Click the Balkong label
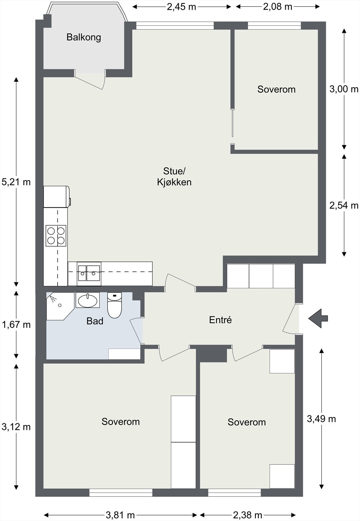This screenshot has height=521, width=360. (x=84, y=37)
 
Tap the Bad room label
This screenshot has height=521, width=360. (x=95, y=321)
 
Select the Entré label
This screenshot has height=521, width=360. (x=220, y=320)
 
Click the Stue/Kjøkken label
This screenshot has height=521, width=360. (x=174, y=176)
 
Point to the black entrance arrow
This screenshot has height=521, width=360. (x=318, y=318)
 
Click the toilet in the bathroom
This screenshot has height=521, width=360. (x=115, y=305)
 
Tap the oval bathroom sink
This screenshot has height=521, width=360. (x=88, y=300)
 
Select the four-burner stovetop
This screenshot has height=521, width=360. (x=56, y=236)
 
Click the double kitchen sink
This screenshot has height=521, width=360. (x=89, y=274)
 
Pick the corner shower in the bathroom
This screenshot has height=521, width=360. (x=60, y=306)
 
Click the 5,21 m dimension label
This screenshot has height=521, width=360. (x=16, y=182)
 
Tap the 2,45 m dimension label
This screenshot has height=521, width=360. (x=181, y=7)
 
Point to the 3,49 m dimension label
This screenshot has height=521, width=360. (x=321, y=419)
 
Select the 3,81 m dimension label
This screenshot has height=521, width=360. (x=120, y=515)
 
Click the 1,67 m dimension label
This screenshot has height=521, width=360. (x=16, y=324)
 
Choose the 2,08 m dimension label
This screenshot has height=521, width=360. (x=278, y=7)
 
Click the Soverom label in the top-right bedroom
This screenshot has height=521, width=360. (x=276, y=90)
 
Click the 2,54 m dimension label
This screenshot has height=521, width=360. (x=344, y=205)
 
